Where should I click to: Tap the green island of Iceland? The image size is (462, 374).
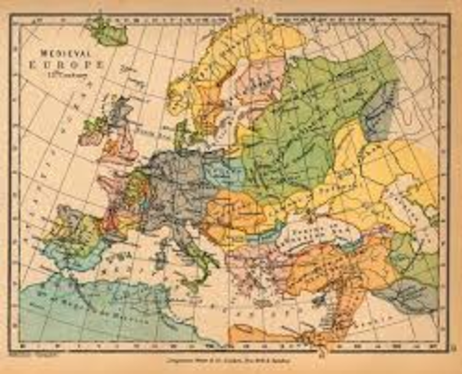click(108, 31)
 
